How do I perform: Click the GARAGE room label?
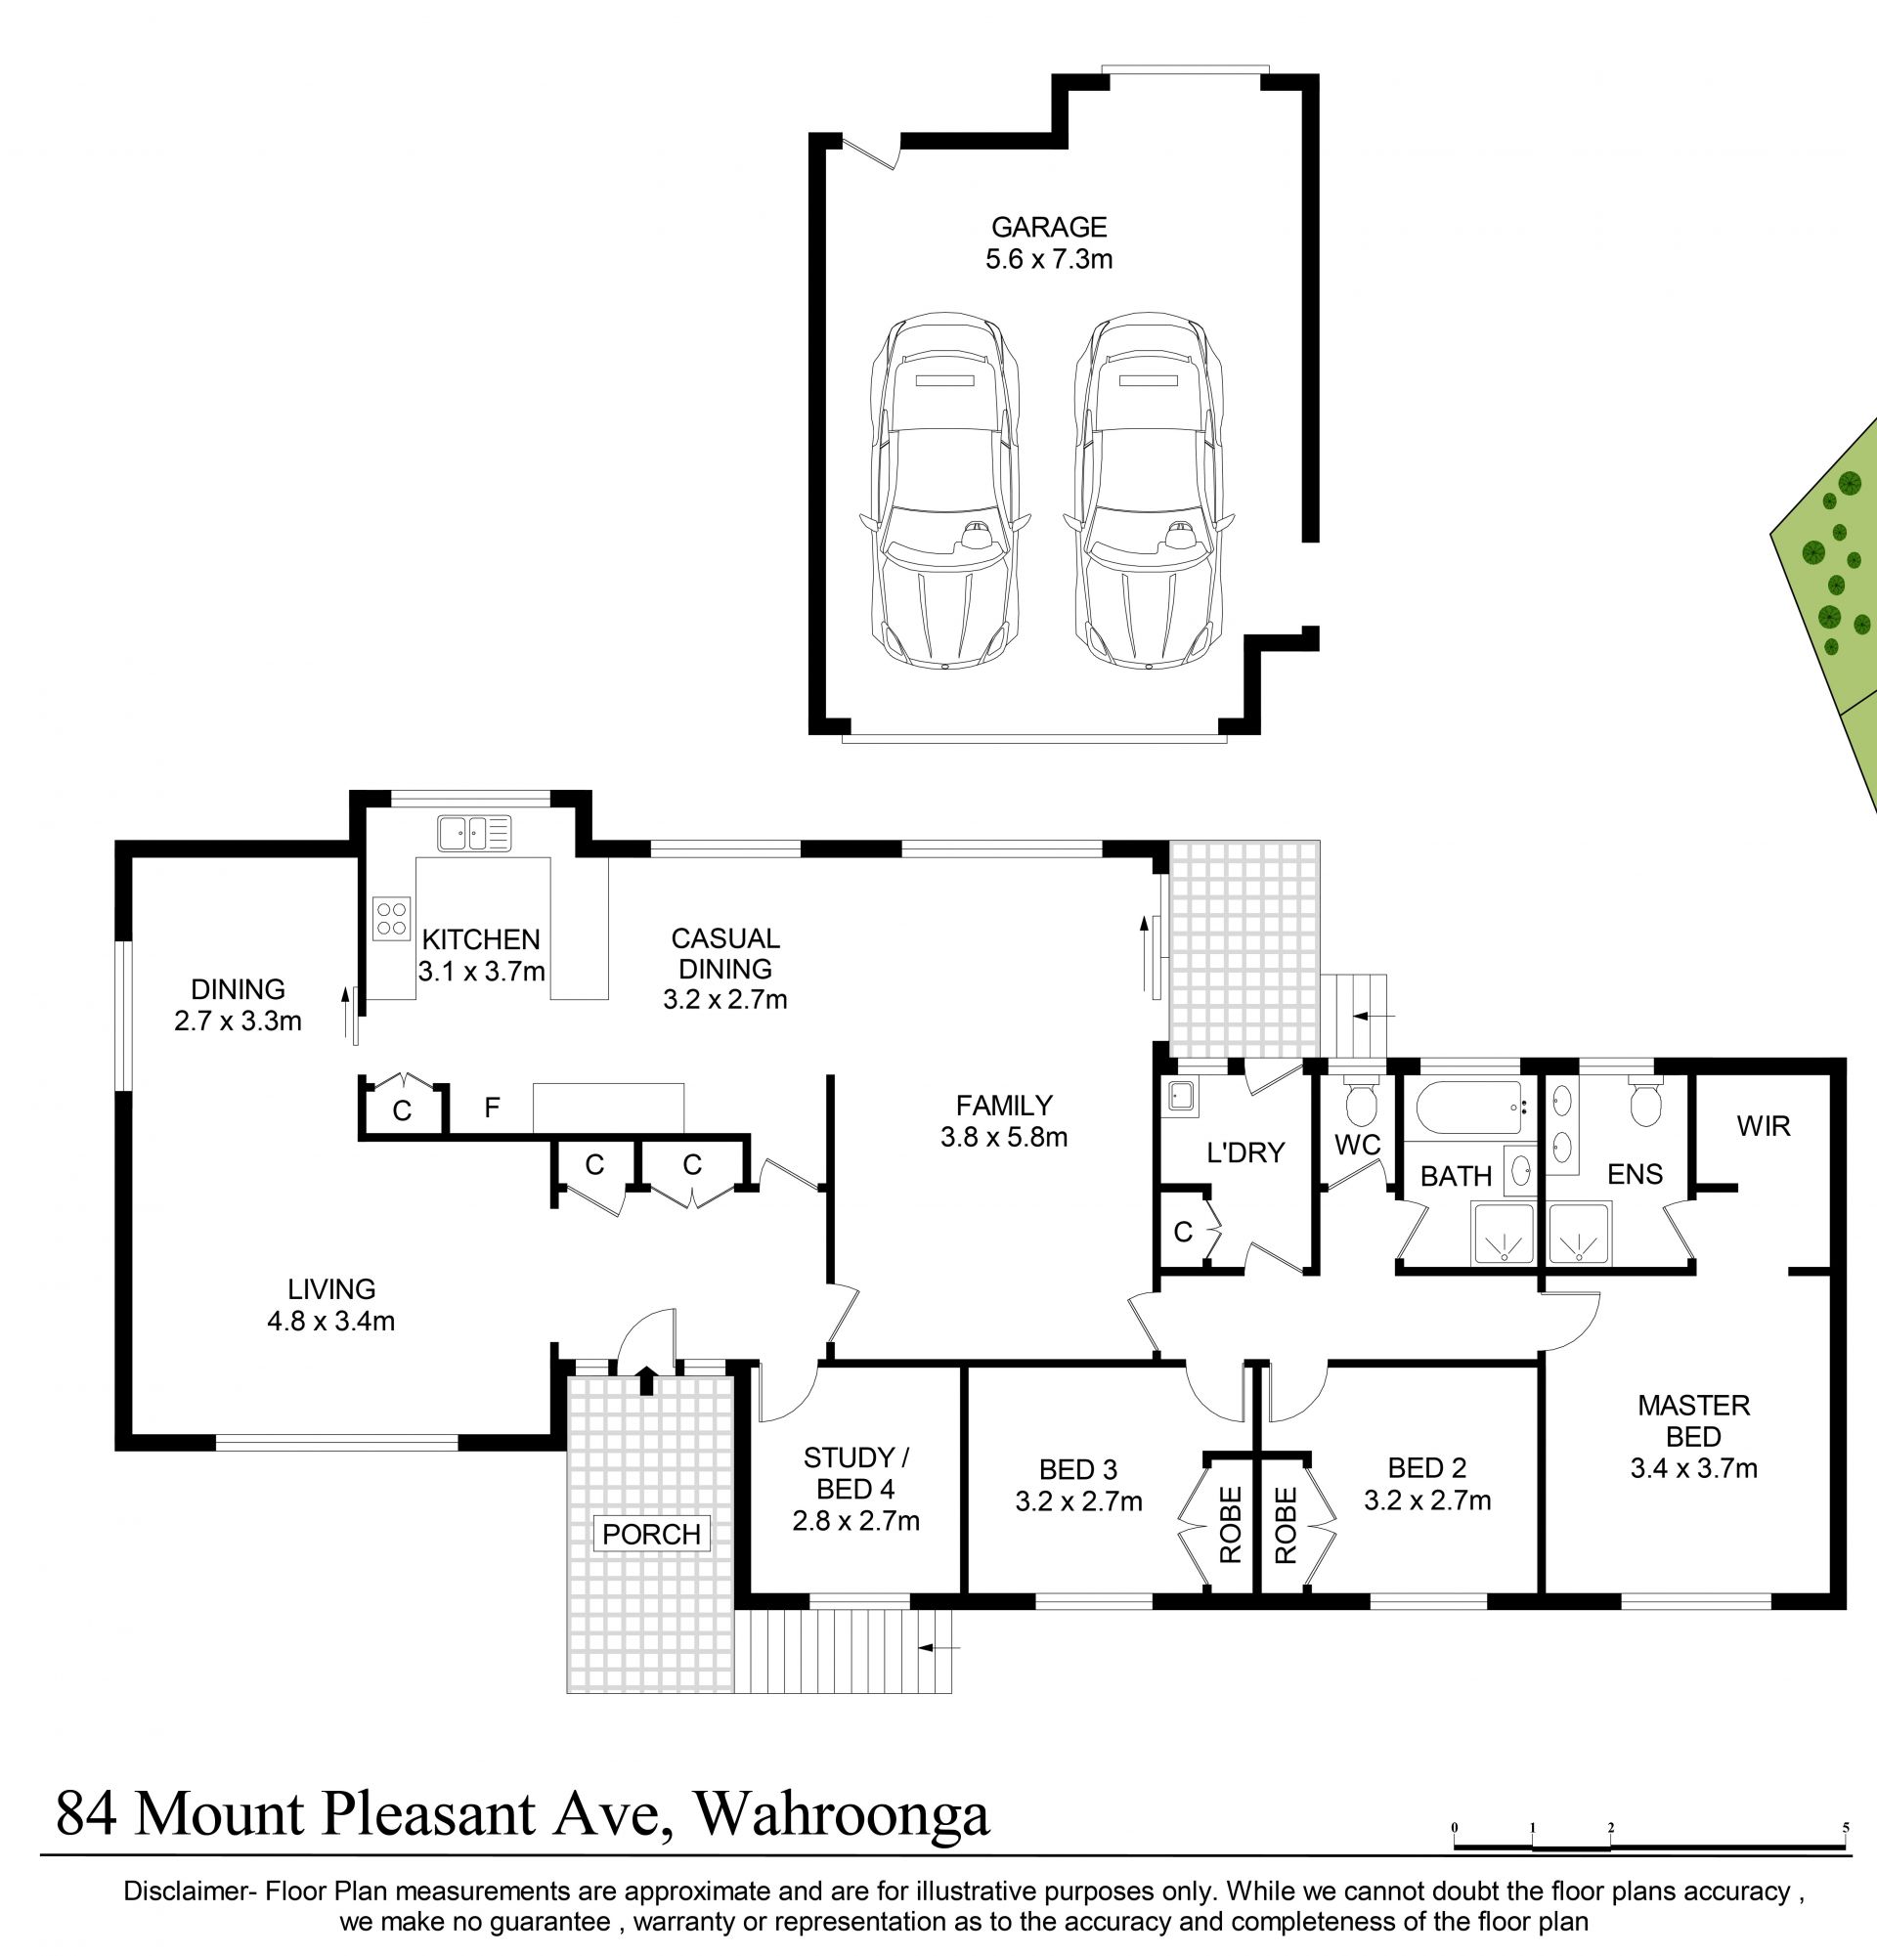1049,228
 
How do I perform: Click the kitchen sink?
474,832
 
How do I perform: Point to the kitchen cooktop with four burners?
391,918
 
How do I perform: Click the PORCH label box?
652,1534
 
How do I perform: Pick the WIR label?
1764,1127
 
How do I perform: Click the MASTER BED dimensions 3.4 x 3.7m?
1693,1468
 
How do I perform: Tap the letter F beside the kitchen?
491,1107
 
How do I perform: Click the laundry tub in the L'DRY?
1184,1098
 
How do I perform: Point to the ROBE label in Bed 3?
1230,1525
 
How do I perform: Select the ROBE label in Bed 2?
1286,1525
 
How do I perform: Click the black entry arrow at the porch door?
645,1380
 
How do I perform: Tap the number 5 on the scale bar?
1845,1827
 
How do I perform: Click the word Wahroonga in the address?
841,1814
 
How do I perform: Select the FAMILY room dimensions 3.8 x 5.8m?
1004,1137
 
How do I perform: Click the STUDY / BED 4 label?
856,1473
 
